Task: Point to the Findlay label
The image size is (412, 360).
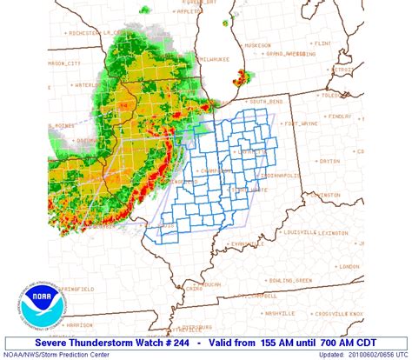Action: pos(340,116)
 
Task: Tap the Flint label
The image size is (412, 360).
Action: pos(322,42)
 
